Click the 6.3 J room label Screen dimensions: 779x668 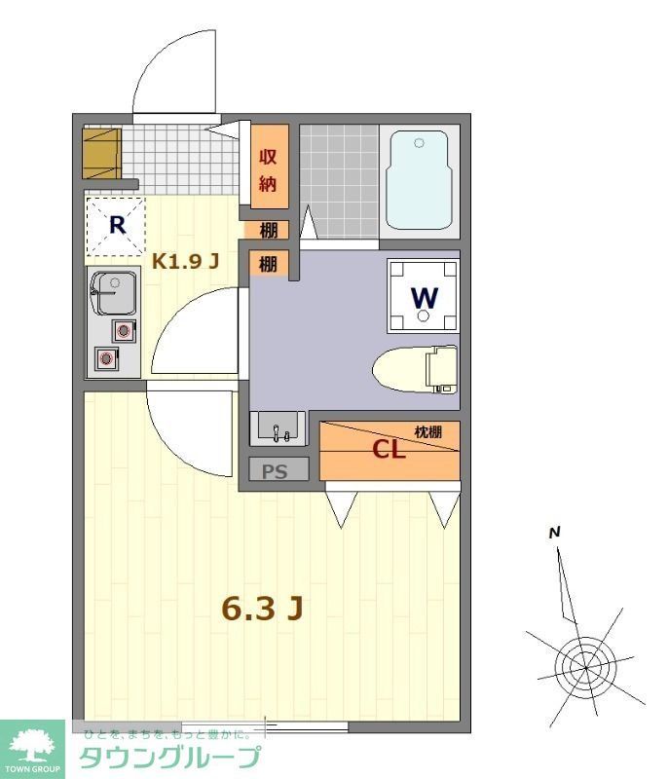(264, 608)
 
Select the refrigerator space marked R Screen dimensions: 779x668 (116, 226)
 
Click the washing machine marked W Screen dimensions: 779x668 (424, 295)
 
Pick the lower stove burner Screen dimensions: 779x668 (105, 359)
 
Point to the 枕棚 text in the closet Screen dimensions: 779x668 (428, 431)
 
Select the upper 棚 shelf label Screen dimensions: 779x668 (269, 231)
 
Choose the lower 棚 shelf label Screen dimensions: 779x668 (269, 263)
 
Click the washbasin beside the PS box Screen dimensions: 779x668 (278, 428)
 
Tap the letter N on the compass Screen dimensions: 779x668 (554, 533)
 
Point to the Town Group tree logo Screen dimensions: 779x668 (32, 746)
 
